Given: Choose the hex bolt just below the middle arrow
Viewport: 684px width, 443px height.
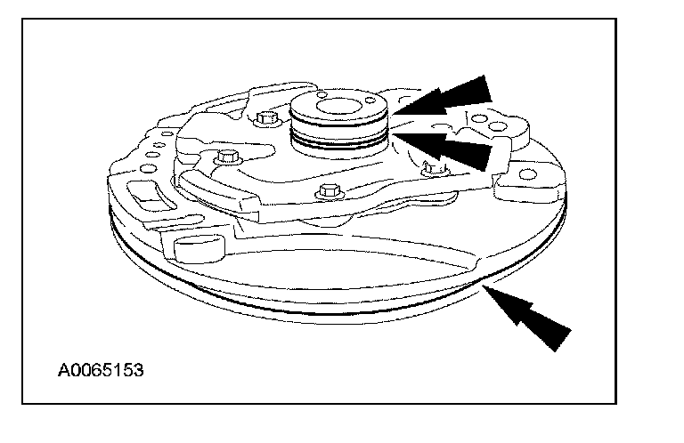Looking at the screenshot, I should (434, 167).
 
